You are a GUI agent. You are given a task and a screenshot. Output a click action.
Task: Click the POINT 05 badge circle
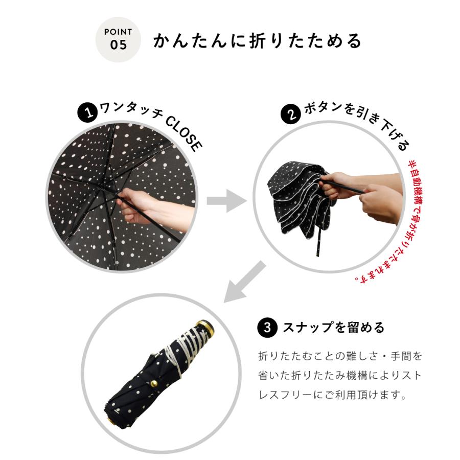click(x=118, y=40)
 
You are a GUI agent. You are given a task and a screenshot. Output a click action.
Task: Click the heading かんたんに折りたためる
click(x=257, y=41)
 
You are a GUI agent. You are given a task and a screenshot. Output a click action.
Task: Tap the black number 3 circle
click(x=267, y=327)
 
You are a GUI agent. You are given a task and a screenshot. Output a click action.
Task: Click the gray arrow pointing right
click(x=223, y=200)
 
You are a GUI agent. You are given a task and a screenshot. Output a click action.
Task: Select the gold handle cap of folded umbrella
click(x=205, y=328)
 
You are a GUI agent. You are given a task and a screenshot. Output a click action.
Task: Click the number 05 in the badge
click(x=118, y=45)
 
